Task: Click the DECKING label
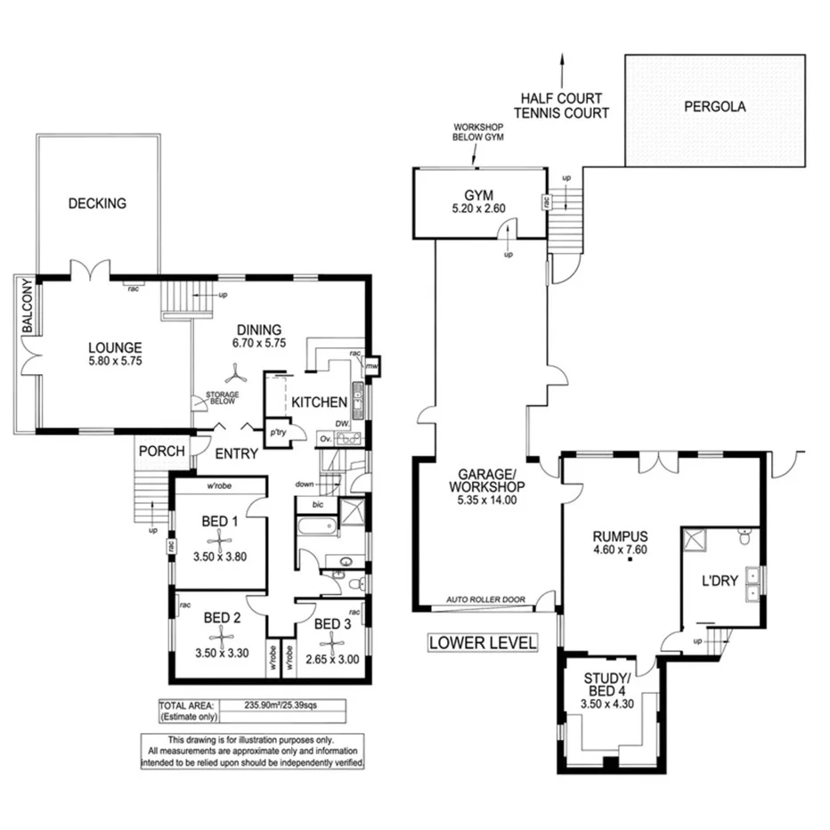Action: point(97,203)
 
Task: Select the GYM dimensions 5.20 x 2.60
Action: point(478,210)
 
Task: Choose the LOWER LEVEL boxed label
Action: point(483,642)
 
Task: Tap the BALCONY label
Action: point(28,306)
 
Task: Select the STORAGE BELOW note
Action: point(222,397)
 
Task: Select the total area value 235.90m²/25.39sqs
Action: point(281,704)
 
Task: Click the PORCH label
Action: point(161,452)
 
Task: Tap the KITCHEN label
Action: point(319,403)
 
